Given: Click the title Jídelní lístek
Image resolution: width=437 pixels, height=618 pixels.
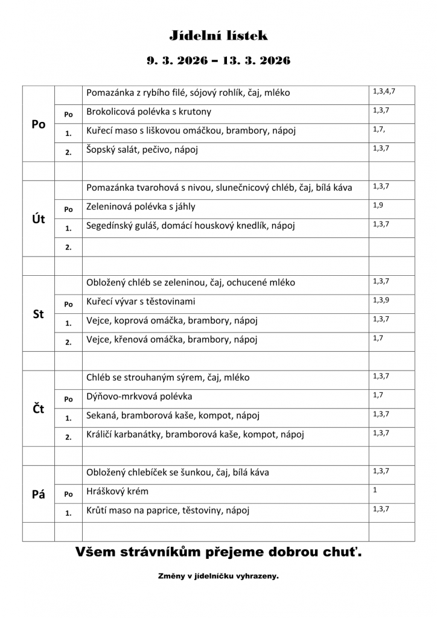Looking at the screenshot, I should pyautogui.click(x=218, y=36).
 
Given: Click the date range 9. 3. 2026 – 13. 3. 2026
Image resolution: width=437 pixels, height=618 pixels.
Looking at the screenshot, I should pyautogui.click(x=218, y=60).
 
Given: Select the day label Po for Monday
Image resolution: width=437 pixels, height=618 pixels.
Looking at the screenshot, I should pyautogui.click(x=39, y=124).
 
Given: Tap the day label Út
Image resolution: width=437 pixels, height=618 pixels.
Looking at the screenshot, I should pyautogui.click(x=39, y=219).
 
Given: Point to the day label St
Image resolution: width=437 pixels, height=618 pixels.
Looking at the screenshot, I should pyautogui.click(x=39, y=314).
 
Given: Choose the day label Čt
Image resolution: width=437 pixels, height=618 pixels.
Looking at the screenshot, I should pyautogui.click(x=39, y=409).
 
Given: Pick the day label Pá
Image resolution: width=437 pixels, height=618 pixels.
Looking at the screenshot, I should pyautogui.click(x=39, y=494).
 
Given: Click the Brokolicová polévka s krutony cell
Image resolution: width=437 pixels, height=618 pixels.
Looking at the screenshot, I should pyautogui.click(x=149, y=112).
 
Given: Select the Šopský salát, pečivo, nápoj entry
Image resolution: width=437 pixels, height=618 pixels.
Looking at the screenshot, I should pyautogui.click(x=142, y=150).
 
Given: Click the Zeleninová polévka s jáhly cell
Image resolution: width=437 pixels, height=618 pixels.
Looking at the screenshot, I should pyautogui.click(x=141, y=206).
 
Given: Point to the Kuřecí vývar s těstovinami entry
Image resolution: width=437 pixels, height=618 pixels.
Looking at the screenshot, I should pyautogui.click(x=141, y=301).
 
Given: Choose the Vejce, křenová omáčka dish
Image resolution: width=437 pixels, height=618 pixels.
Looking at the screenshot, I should pyautogui.click(x=172, y=339).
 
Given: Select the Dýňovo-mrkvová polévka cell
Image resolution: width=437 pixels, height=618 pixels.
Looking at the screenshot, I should pyautogui.click(x=139, y=397).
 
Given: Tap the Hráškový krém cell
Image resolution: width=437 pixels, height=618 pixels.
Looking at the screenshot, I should pyautogui.click(x=118, y=491).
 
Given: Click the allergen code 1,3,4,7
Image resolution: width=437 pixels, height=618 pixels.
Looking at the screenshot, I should pyautogui.click(x=384, y=91).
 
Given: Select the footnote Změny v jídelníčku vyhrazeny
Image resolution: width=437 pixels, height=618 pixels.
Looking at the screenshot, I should pyautogui.click(x=218, y=576).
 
